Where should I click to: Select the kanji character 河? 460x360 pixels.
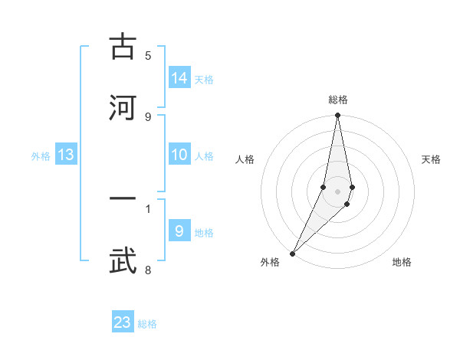tap(123, 107)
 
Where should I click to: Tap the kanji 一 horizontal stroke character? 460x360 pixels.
tap(123, 199)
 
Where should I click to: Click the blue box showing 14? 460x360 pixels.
tap(179, 77)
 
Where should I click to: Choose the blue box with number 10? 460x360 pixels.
tap(179, 155)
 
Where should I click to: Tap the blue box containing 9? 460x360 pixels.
tap(179, 231)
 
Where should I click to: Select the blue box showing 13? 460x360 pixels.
tap(66, 155)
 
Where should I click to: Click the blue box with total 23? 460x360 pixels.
tap(123, 322)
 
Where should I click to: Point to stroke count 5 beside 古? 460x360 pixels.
tap(148, 55)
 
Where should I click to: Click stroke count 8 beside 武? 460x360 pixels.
tap(148, 270)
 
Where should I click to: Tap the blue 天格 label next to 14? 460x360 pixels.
tap(204, 79)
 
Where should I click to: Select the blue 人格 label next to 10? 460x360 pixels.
tap(204, 155)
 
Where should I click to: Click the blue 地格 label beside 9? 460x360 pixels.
tap(204, 232)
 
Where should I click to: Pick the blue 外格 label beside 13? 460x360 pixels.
tap(41, 155)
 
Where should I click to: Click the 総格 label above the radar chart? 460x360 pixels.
tap(338, 100)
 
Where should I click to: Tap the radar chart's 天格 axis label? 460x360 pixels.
tap(432, 159)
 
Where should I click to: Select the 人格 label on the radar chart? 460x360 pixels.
tap(245, 159)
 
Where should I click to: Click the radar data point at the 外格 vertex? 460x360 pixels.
tap(292, 253)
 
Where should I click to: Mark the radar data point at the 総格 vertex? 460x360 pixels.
tap(338, 116)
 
